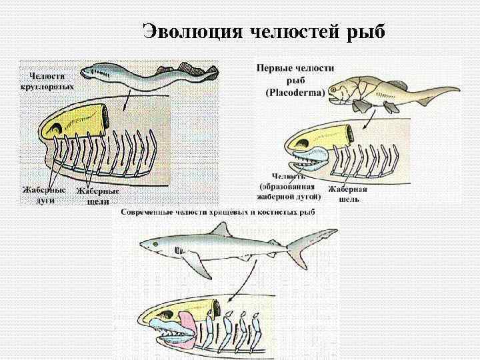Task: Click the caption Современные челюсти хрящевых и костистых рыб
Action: click(x=217, y=212)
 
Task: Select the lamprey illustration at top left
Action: click(x=147, y=74)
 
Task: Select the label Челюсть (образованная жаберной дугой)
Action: click(x=290, y=187)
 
